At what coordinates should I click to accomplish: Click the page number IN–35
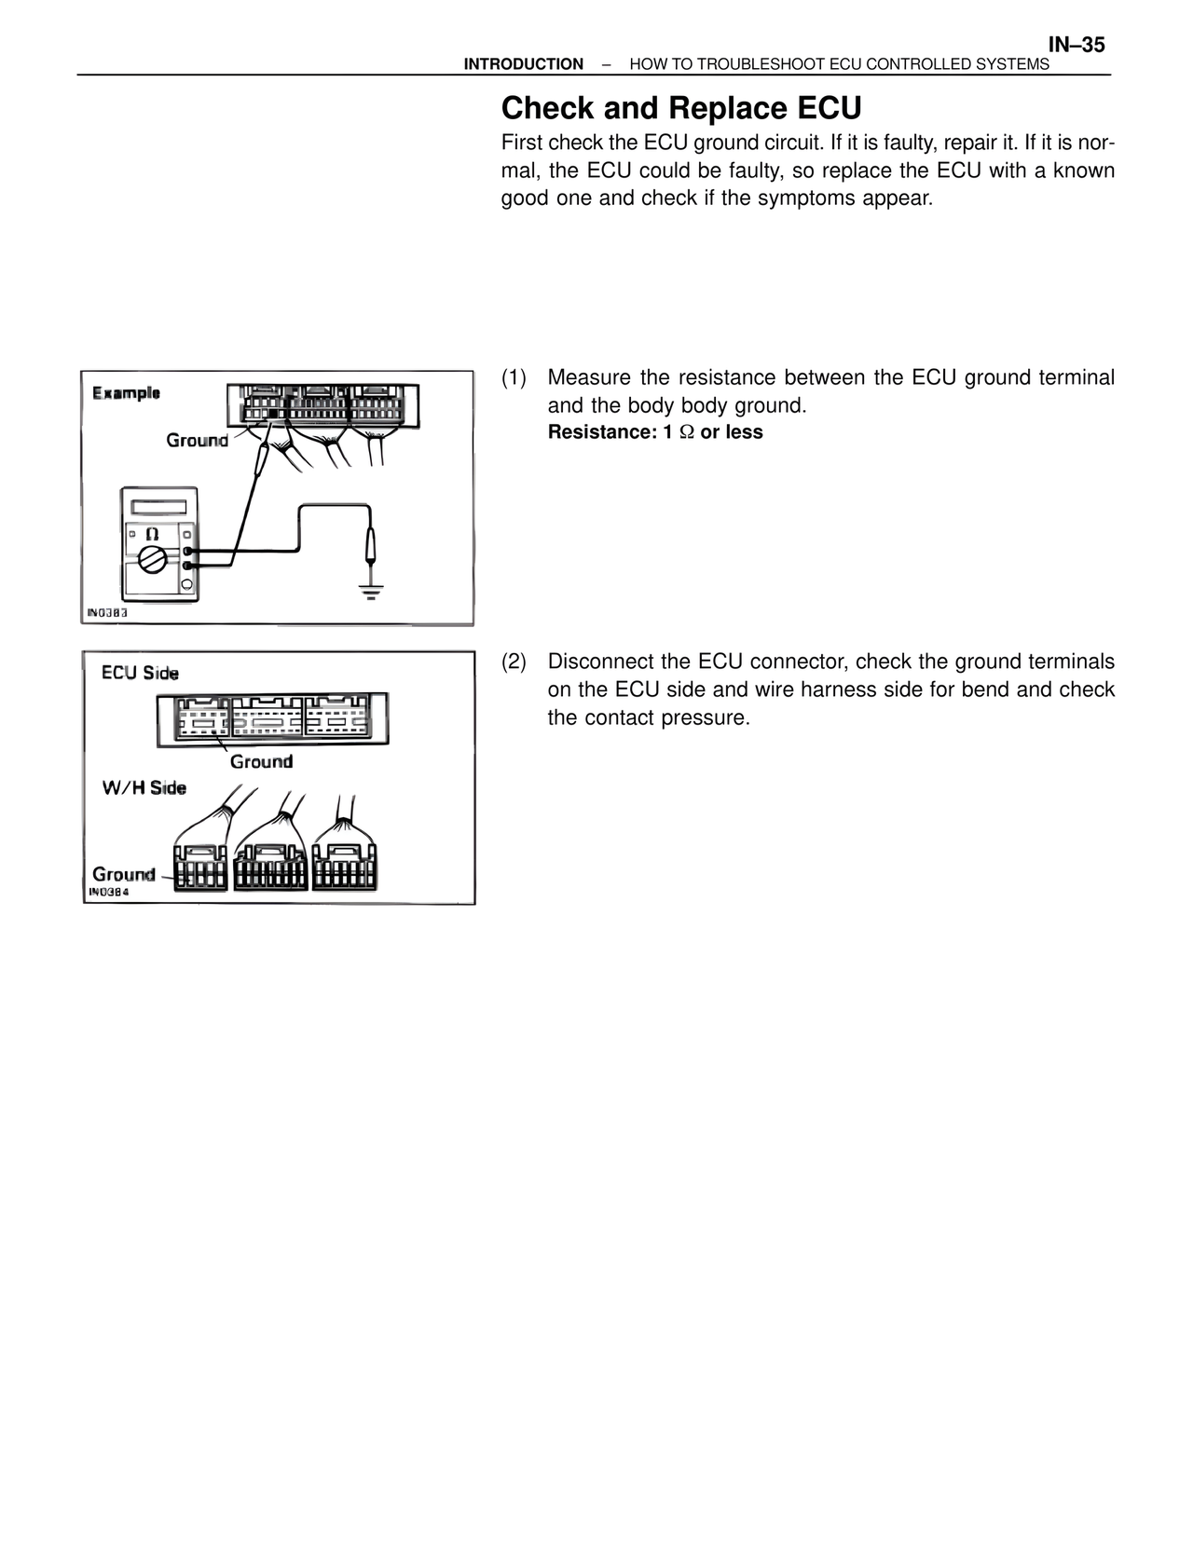click(x=1076, y=45)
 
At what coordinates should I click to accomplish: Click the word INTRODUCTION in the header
click(x=523, y=64)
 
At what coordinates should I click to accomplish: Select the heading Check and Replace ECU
click(x=680, y=109)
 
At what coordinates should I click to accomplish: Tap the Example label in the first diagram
click(x=126, y=393)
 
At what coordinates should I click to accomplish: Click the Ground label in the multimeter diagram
click(x=197, y=440)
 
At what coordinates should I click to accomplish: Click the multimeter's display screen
click(x=158, y=508)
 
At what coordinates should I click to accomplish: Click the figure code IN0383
click(x=106, y=613)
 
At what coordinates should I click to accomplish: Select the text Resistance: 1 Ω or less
click(x=654, y=432)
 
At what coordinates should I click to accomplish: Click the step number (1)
click(x=514, y=378)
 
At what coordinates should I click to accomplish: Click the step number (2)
click(x=514, y=662)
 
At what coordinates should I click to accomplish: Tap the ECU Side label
click(x=140, y=673)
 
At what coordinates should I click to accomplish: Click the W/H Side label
click(x=144, y=788)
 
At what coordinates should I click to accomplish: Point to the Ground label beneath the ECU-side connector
click(x=261, y=762)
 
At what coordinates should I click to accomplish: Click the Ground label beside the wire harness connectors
click(x=123, y=874)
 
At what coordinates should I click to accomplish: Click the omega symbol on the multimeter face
click(x=151, y=535)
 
